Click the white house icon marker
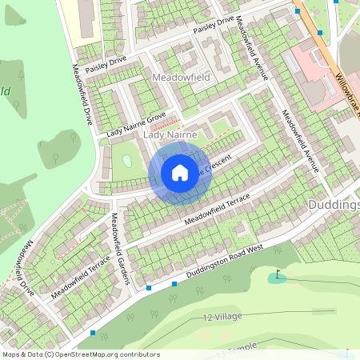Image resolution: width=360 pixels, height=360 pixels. (x=180, y=172)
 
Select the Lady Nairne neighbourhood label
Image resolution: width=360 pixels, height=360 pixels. (x=170, y=136)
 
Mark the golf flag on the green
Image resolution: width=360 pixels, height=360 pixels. (x=277, y=276)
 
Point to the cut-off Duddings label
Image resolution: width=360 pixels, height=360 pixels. (x=334, y=205)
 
